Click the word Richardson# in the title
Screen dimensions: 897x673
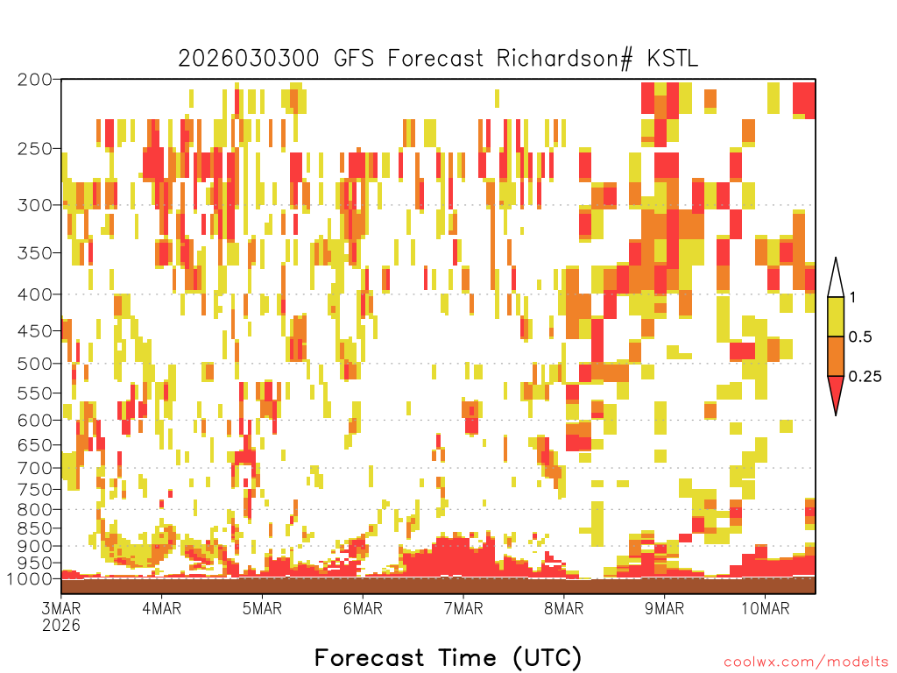click(565, 59)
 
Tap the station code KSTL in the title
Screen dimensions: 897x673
click(672, 59)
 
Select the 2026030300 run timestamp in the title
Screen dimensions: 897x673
click(248, 59)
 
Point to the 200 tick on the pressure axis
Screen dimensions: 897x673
click(35, 80)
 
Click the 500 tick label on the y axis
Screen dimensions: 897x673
click(35, 364)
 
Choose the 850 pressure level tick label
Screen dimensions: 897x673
click(35, 528)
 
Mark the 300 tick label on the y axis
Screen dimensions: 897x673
click(35, 205)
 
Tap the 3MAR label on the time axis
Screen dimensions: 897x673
click(61, 608)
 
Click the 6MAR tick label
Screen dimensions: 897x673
click(363, 608)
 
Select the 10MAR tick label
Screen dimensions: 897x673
click(766, 608)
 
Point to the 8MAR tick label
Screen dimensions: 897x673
click(564, 608)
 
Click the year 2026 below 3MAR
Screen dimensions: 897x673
click(61, 626)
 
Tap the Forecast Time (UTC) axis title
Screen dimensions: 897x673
click(448, 658)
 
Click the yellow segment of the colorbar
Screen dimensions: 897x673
click(836, 316)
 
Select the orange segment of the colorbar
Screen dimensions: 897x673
click(836, 356)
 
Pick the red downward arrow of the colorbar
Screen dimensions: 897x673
click(836, 392)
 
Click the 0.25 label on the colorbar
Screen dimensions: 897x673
click(865, 377)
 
